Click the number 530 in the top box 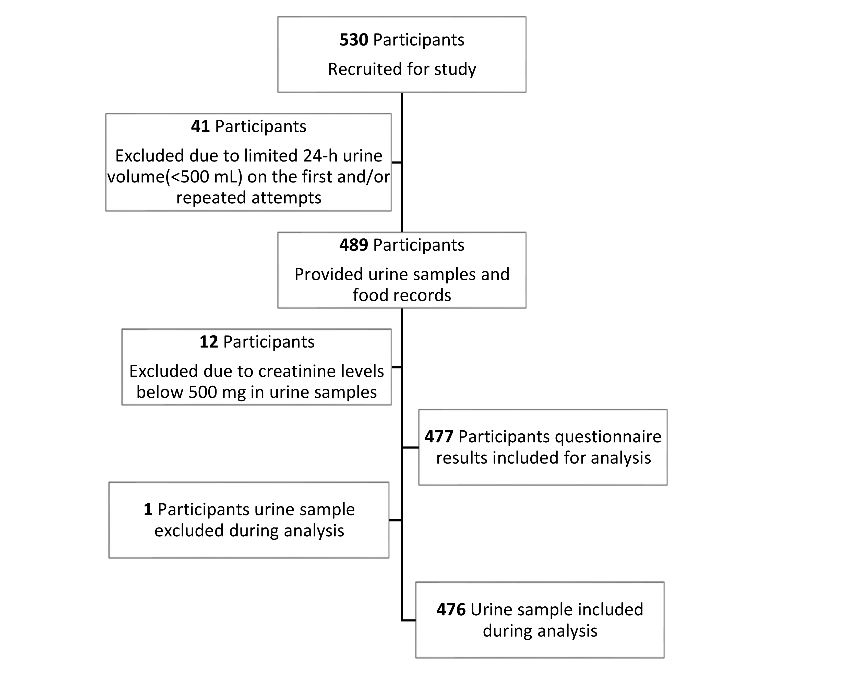(353, 40)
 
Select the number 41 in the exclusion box (200, 126)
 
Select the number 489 (353, 245)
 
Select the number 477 (439, 437)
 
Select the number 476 (451, 610)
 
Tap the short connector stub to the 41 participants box (397, 163)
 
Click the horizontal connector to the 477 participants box (410, 447)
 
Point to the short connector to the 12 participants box (397, 367)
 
